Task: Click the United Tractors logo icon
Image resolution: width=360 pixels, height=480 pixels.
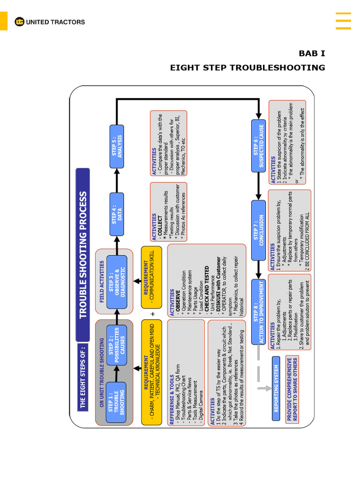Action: [x=19, y=22]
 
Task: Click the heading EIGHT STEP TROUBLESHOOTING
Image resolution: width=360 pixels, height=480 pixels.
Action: [x=247, y=67]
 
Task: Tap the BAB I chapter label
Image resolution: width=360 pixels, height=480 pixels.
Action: [x=312, y=53]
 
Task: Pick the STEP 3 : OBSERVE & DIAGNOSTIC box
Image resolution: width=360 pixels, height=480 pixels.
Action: [x=117, y=282]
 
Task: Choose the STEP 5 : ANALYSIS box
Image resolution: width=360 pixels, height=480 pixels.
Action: [x=117, y=146]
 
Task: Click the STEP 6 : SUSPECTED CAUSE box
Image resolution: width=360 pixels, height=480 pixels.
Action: [x=258, y=146]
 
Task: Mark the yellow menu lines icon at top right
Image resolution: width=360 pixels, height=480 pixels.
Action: [x=343, y=21]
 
